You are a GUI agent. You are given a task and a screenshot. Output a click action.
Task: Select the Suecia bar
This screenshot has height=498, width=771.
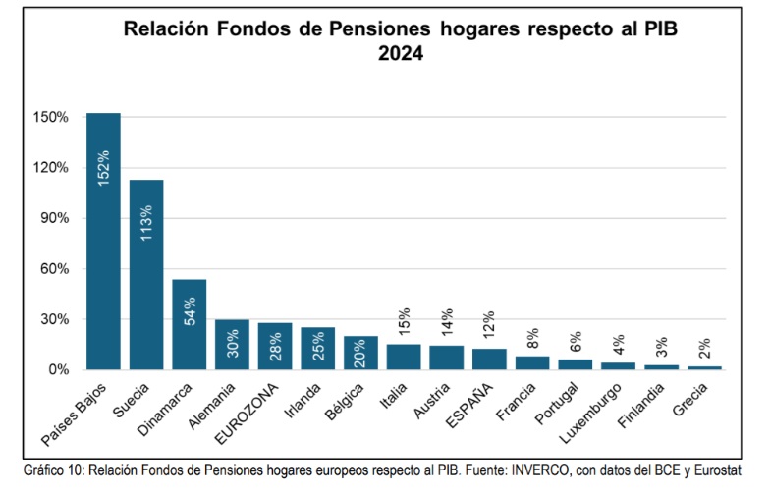click(x=146, y=274)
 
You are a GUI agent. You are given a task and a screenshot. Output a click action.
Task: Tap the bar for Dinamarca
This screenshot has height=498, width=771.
click(x=190, y=324)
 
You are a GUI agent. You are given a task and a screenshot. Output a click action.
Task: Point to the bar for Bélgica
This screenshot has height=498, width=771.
click(x=360, y=353)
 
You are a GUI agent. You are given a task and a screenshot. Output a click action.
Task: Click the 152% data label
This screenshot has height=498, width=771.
click(x=103, y=167)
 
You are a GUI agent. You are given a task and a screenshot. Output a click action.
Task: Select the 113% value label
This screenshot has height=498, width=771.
click(x=146, y=223)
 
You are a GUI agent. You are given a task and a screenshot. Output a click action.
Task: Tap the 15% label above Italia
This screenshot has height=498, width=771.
click(x=404, y=322)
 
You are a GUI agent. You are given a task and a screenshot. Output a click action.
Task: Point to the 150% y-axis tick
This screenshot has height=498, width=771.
click(x=51, y=117)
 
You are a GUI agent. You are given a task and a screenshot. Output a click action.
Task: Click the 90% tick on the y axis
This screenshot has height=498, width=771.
click(x=54, y=218)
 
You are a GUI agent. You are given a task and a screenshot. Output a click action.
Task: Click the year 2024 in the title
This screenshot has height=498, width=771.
click(x=400, y=55)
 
